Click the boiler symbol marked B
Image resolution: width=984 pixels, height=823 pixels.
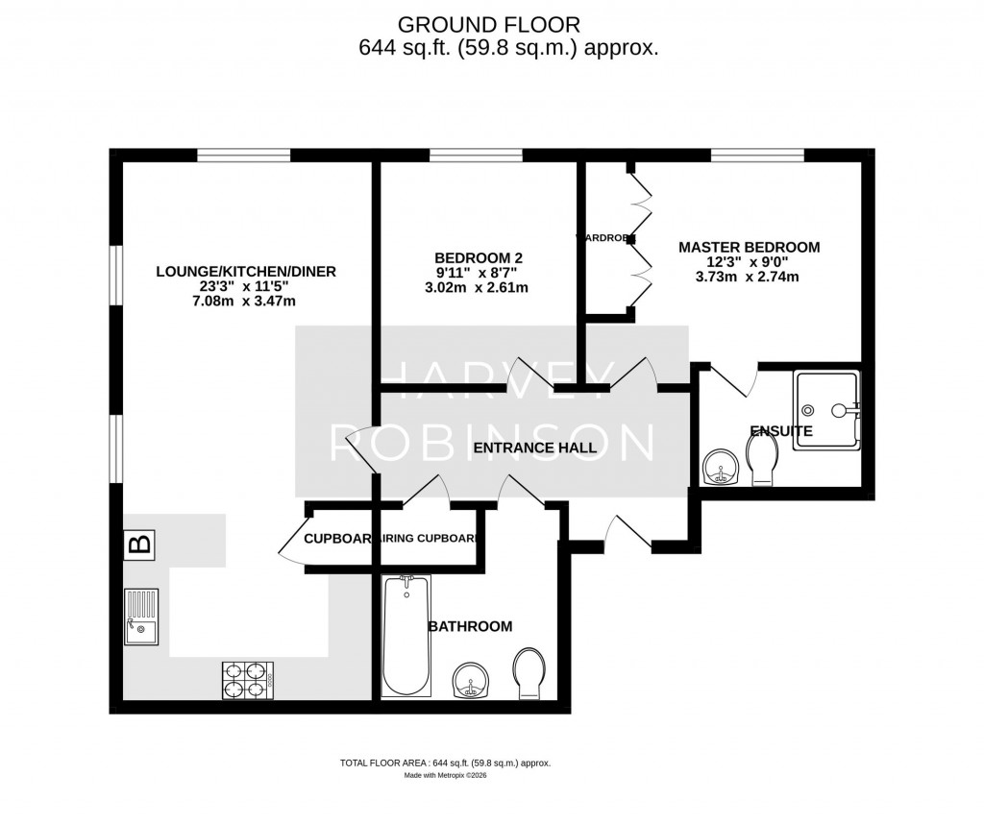click(138, 545)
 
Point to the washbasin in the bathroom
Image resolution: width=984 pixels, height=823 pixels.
click(471, 678)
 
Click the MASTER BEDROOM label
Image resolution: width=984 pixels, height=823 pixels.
click(750, 247)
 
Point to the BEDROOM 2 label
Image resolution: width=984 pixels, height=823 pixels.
click(479, 257)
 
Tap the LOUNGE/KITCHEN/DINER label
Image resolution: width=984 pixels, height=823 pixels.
click(246, 272)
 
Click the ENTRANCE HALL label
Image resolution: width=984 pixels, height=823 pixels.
click(534, 448)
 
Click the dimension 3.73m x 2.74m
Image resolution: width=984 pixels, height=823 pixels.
click(750, 277)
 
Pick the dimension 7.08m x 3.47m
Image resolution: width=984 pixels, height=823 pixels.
click(246, 302)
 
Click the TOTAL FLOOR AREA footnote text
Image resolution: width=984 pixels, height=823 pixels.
click(445, 762)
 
